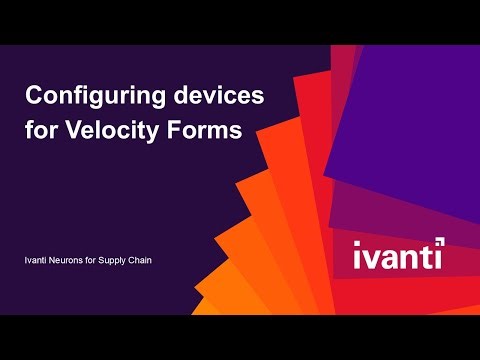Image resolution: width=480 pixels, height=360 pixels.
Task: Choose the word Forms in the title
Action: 206,131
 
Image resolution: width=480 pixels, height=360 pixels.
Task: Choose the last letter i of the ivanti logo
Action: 440,256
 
